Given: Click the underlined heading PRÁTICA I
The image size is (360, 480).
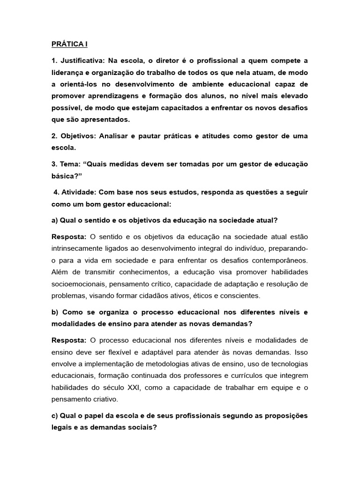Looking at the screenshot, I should pos(69,45).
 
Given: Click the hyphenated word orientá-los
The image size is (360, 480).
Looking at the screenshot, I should pos(83,84).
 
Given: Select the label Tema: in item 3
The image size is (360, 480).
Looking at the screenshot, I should pos(72,165).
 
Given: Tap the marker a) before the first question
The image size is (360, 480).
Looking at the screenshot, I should pos(55,220).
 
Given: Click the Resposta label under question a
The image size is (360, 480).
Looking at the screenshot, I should pos(69,236).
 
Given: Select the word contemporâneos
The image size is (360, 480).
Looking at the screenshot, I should pos(277,260).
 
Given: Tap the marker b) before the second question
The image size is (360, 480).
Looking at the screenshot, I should pos(55,312).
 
